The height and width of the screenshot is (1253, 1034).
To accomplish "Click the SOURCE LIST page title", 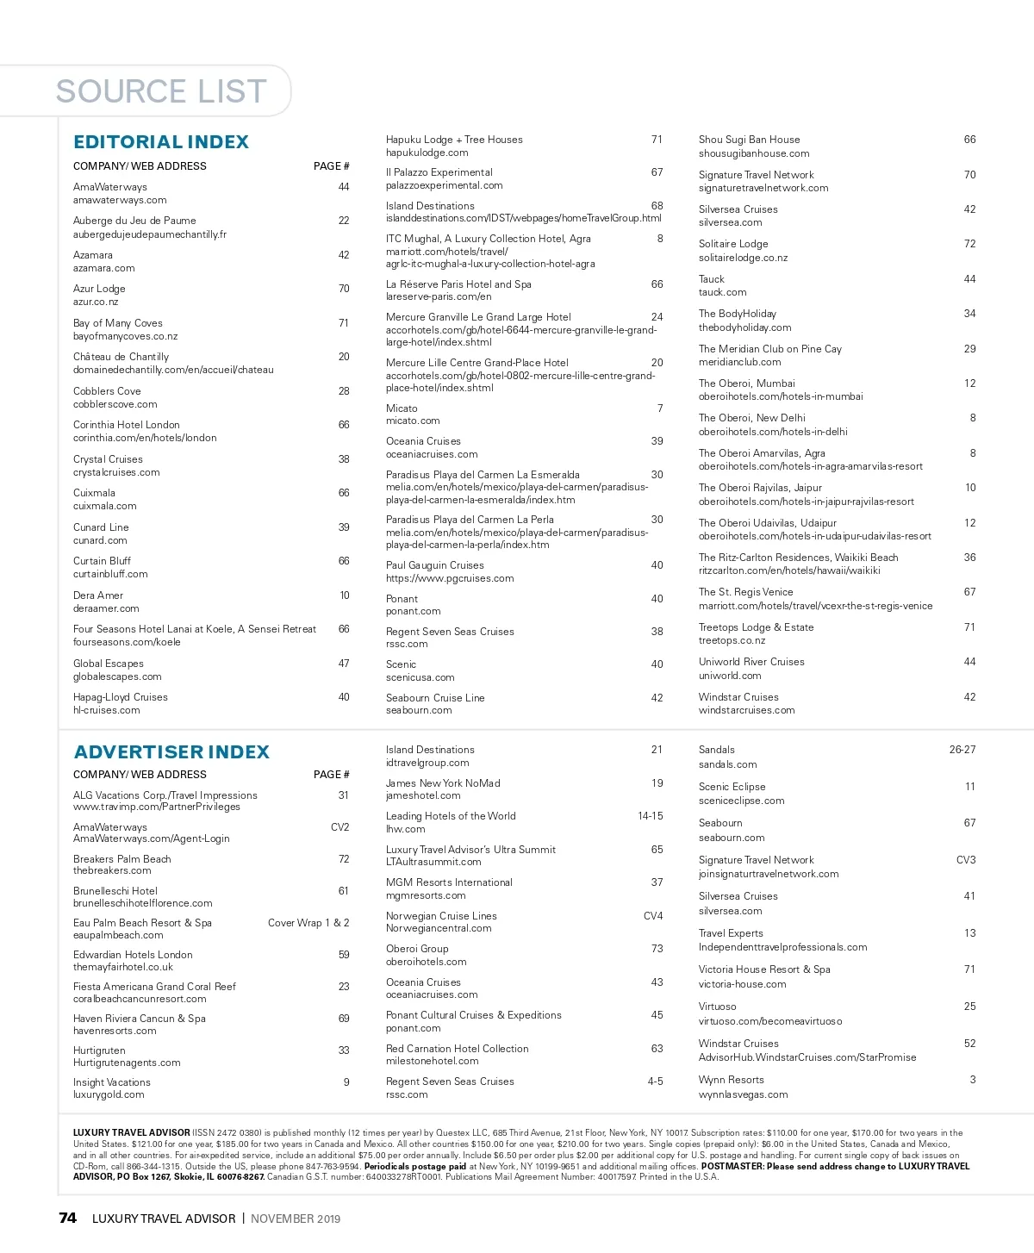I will [161, 91].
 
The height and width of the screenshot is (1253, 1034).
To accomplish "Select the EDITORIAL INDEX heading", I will [161, 142].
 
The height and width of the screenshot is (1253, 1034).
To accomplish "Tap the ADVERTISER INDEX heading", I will [171, 752].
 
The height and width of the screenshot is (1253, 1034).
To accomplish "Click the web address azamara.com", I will [103, 268].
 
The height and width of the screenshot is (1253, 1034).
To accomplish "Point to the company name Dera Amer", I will [98, 595].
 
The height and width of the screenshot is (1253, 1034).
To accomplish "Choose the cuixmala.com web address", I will [104, 506].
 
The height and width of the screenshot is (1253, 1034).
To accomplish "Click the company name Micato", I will [402, 408].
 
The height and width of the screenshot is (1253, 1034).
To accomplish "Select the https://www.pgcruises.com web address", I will [450, 578].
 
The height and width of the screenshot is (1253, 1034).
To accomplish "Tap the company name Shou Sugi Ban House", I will [749, 140].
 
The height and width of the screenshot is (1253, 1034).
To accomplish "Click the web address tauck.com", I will [722, 292].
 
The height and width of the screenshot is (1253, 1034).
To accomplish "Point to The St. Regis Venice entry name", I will [745, 592].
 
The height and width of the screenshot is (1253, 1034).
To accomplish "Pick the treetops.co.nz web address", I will [732, 640].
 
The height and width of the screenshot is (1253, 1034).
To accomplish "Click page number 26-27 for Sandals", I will [962, 750].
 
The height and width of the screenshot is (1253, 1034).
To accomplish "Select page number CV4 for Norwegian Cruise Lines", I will [653, 916].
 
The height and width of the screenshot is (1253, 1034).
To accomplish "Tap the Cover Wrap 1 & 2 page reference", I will [308, 923].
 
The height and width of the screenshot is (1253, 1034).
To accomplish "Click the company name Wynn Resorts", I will [731, 1080].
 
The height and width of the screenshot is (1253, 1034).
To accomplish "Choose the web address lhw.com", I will [405, 829].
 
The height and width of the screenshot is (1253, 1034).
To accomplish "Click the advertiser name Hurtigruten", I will [99, 1050].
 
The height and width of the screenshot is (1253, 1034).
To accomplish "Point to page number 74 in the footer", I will [67, 1218].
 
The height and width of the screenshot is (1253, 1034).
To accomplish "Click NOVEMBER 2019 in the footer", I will [296, 1219].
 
